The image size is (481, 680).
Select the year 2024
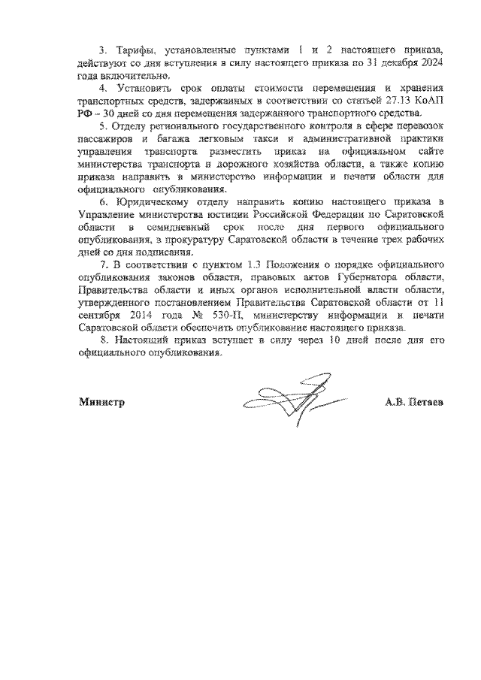coord(430,62)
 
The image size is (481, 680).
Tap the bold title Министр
coord(101,402)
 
